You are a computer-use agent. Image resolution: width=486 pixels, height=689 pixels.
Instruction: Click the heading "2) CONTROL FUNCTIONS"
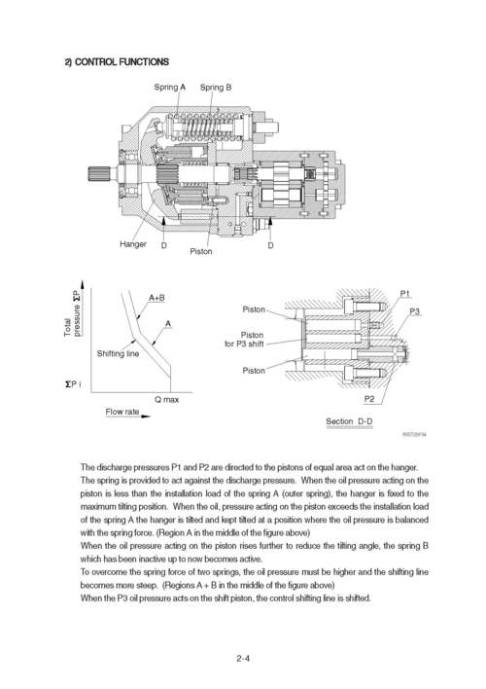116,61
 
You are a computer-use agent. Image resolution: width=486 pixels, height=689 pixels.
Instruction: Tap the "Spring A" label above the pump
170,88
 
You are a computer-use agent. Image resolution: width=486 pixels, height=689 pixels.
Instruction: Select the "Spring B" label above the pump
216,88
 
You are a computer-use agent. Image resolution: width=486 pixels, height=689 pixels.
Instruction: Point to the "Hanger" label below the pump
133,243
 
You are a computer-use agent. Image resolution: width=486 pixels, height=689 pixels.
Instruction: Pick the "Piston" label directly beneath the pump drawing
201,252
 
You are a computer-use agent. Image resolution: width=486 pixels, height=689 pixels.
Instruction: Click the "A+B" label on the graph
156,297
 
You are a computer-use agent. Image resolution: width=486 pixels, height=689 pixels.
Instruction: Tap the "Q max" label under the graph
166,399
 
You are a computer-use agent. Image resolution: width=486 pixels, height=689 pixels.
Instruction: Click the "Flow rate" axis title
121,413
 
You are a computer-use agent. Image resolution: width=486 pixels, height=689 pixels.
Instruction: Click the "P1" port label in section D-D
405,293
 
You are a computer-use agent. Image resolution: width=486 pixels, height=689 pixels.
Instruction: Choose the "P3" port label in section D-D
415,310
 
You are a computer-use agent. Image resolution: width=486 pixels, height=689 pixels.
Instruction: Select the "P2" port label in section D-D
369,399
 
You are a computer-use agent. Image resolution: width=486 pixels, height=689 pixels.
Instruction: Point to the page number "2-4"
243,658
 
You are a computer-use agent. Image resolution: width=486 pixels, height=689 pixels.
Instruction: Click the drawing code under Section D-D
414,436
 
